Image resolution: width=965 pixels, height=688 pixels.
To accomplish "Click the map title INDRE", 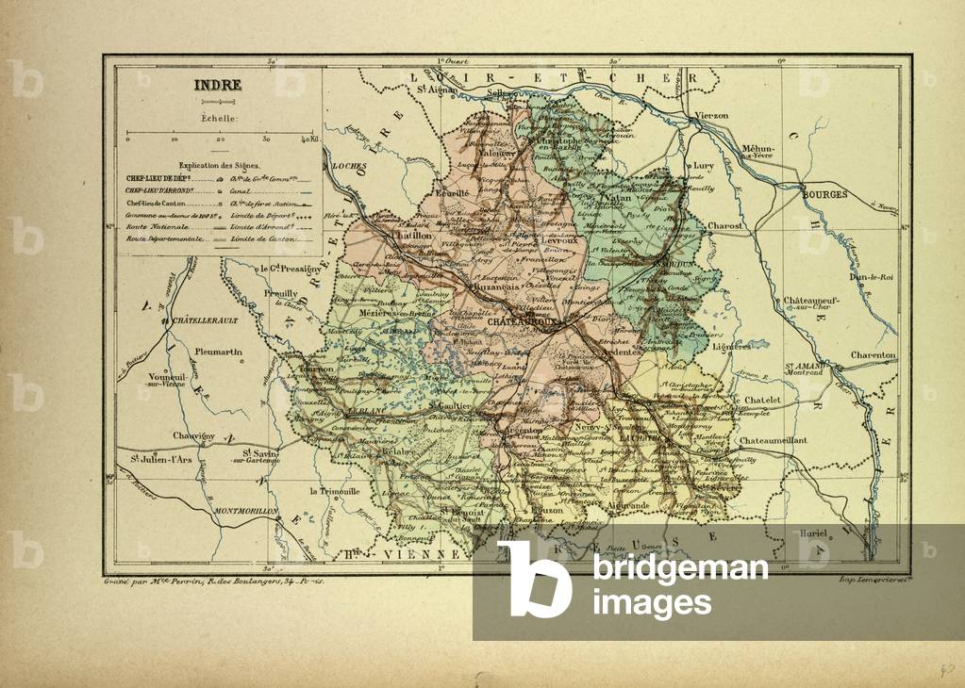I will (x=218, y=85).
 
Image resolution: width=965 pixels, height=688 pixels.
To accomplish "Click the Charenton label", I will (x=873, y=355).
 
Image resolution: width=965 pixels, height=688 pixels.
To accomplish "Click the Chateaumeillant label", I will (x=774, y=440).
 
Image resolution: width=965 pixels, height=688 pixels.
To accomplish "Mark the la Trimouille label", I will (x=335, y=492).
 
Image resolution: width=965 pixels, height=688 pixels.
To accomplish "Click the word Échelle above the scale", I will (x=219, y=119).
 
